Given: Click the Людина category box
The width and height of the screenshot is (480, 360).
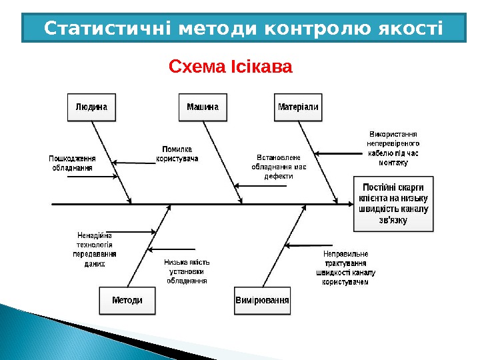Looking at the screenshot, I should coord(91,107).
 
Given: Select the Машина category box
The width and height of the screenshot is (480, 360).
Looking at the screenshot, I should coord(202,107).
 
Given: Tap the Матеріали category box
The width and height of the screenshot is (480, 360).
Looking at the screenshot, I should coord(298,107).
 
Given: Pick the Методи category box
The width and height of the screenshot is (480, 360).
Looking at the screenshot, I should coord(127,300).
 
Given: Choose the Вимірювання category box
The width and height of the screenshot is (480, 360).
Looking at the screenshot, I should coord(263,300).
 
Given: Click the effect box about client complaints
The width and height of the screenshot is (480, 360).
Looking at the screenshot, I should coord(393,203).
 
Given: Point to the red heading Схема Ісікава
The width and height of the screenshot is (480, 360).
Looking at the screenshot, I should coord(231,67).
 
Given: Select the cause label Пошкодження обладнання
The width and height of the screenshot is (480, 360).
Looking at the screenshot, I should coord(72,163).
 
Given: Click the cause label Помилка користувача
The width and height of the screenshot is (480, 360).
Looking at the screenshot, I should coord(177,153).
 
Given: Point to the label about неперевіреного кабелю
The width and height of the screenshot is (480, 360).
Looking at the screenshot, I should coord(393,148).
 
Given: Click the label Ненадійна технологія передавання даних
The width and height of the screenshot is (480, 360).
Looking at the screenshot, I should coord(95,249).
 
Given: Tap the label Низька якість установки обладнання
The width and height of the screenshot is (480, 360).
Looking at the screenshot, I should coord(187,271).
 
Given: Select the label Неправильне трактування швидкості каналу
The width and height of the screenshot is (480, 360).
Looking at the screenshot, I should coord(345,268).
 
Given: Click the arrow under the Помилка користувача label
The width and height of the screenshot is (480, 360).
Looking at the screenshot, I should coord(133,162).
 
